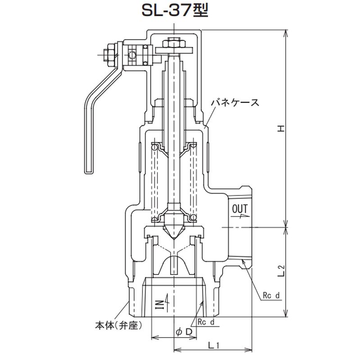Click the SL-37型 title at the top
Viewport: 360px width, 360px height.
(x=175, y=11)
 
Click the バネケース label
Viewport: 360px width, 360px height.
(x=235, y=102)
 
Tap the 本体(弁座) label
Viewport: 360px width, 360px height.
(x=118, y=325)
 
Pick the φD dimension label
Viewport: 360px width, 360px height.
(x=184, y=332)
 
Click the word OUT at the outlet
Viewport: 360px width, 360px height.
(x=240, y=209)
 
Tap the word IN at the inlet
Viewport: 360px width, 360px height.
(x=162, y=304)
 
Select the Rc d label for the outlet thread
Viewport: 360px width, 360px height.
(x=271, y=295)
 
